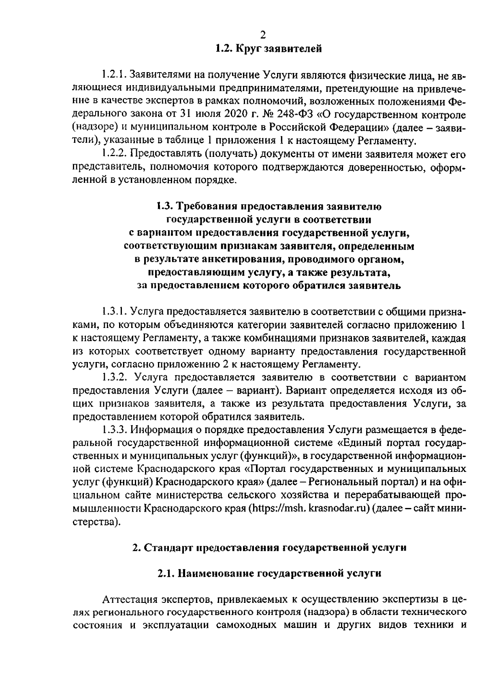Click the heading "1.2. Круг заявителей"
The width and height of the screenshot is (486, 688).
pyautogui.click(x=269, y=49)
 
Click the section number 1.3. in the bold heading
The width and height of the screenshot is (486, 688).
pyautogui.click(x=164, y=206)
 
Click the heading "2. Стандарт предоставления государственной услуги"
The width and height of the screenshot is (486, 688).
pyautogui.click(x=269, y=548)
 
